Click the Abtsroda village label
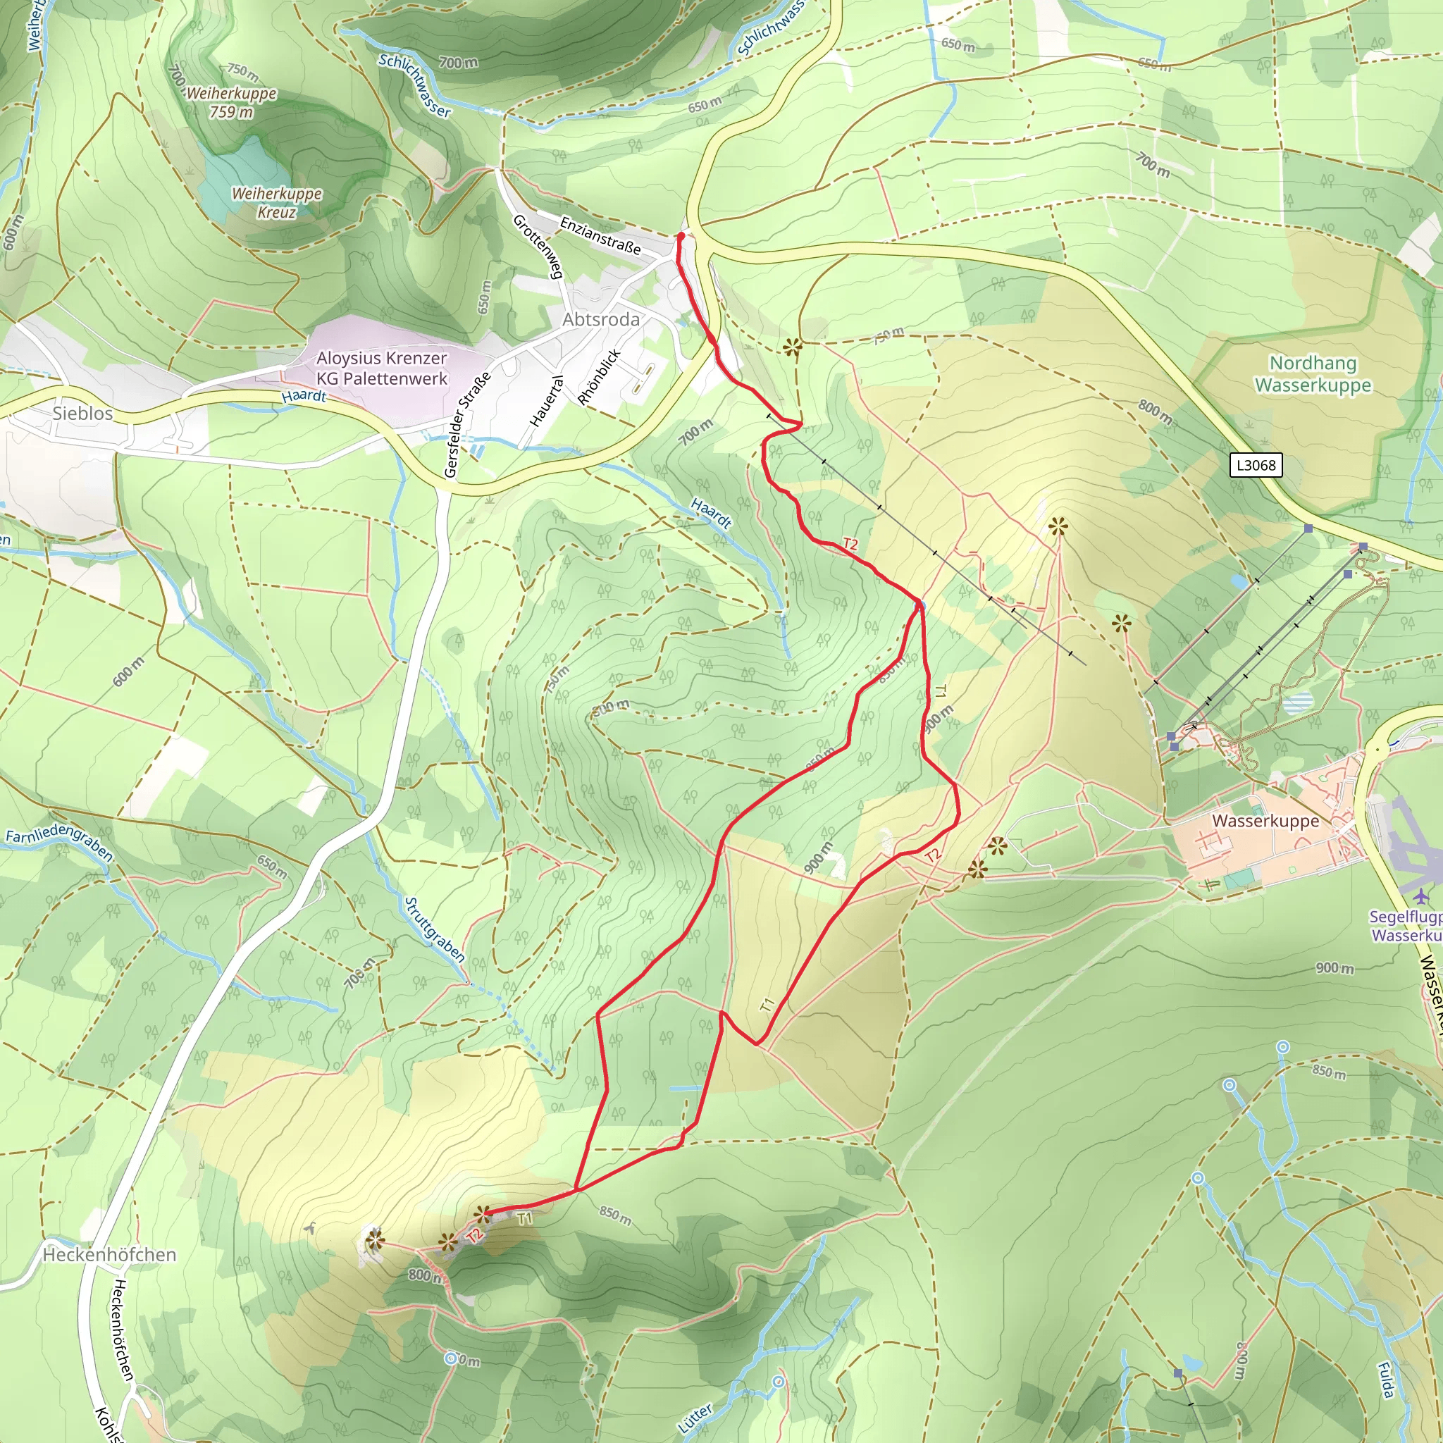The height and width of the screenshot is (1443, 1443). click(x=600, y=320)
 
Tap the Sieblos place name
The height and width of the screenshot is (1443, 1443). click(x=82, y=413)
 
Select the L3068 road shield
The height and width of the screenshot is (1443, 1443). click(x=1256, y=465)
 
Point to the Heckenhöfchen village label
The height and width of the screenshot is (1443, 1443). click(x=109, y=1254)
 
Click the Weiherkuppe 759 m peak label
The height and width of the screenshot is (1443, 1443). click(x=231, y=102)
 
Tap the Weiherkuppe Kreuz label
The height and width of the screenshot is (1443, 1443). click(x=276, y=202)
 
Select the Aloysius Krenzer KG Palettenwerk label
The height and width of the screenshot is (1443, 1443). click(x=381, y=369)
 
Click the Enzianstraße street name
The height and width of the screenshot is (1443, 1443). click(x=600, y=235)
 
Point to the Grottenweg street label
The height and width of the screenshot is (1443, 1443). click(x=537, y=247)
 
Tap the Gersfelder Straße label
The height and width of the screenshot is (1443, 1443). click(x=467, y=424)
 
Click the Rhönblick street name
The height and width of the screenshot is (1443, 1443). click(x=599, y=377)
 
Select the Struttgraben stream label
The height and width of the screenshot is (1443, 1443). click(x=434, y=930)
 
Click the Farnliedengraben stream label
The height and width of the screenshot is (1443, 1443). click(x=59, y=842)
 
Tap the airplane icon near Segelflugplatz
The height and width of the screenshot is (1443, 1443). click(x=1420, y=895)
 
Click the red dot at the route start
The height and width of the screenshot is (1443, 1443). click(x=681, y=236)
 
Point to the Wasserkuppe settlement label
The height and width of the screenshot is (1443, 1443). click(x=1265, y=821)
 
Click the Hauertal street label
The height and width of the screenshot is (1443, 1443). click(x=546, y=401)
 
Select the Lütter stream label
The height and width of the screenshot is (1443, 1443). click(x=695, y=1418)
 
